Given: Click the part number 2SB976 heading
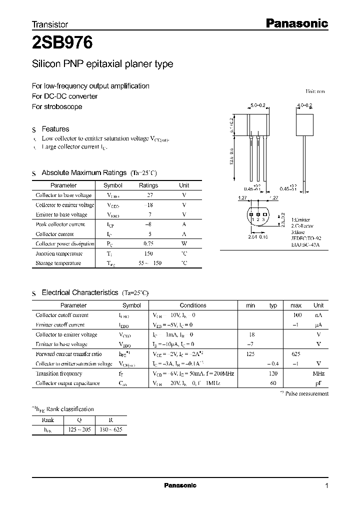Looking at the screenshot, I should tap(62, 43).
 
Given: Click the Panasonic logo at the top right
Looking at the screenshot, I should tap(295, 23).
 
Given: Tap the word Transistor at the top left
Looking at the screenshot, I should tap(49, 24).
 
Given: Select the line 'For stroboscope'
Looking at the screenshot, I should tap(57, 106).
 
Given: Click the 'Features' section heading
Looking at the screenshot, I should tap(55, 128).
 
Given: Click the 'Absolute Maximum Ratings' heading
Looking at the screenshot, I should tap(83, 172).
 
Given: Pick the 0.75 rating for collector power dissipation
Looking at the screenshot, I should tap(148, 243).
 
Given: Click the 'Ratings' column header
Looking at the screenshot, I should tap(148, 185).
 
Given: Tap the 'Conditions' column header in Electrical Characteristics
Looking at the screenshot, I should tap(193, 305).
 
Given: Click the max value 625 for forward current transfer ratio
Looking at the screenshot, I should tap(296, 353).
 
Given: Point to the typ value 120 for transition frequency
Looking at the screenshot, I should tap(273, 373).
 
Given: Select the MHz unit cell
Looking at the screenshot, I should tap(318, 373).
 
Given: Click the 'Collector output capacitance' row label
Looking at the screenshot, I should tap(67, 383).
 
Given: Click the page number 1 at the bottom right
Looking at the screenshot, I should tap(326, 485).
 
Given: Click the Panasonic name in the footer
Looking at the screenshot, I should tap(180, 485).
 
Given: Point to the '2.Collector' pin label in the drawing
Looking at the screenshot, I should tap(300, 226).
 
